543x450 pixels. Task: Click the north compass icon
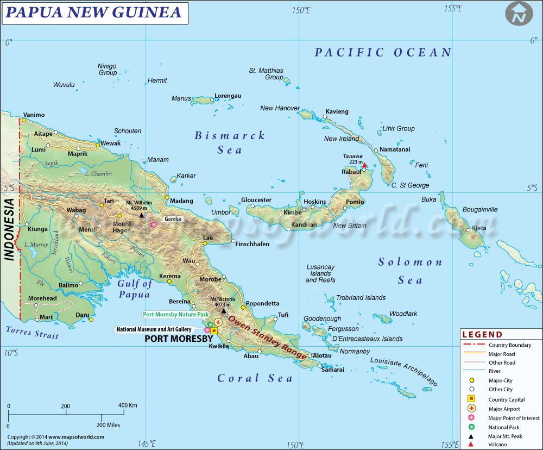[520, 14]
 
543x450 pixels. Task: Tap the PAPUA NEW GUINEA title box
[94, 12]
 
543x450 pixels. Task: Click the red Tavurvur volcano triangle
[365, 165]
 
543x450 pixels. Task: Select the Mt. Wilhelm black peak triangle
[142, 215]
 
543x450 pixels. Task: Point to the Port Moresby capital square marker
[214, 330]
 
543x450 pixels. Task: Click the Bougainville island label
[480, 209]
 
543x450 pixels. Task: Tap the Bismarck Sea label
[230, 142]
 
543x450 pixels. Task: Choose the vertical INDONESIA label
[9, 229]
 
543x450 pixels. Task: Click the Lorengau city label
[228, 96]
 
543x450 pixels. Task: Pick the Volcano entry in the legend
[497, 445]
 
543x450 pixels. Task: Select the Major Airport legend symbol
[471, 409]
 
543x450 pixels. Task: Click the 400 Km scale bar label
[128, 405]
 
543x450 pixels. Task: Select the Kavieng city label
[337, 111]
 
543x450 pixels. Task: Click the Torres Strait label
[32, 332]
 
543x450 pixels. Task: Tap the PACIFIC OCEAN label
[383, 52]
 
